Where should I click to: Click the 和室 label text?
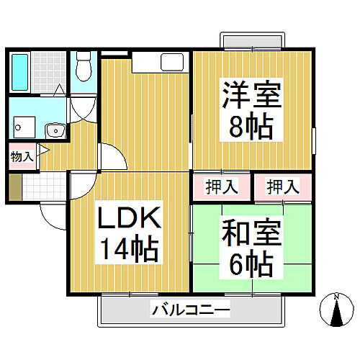coord(252,235)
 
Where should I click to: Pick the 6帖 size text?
coord(252,266)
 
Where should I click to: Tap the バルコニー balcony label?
coord(190,311)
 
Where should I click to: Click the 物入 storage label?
coord(21,155)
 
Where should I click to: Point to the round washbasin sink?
coord(53,130)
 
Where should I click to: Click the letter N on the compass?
coord(336,297)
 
